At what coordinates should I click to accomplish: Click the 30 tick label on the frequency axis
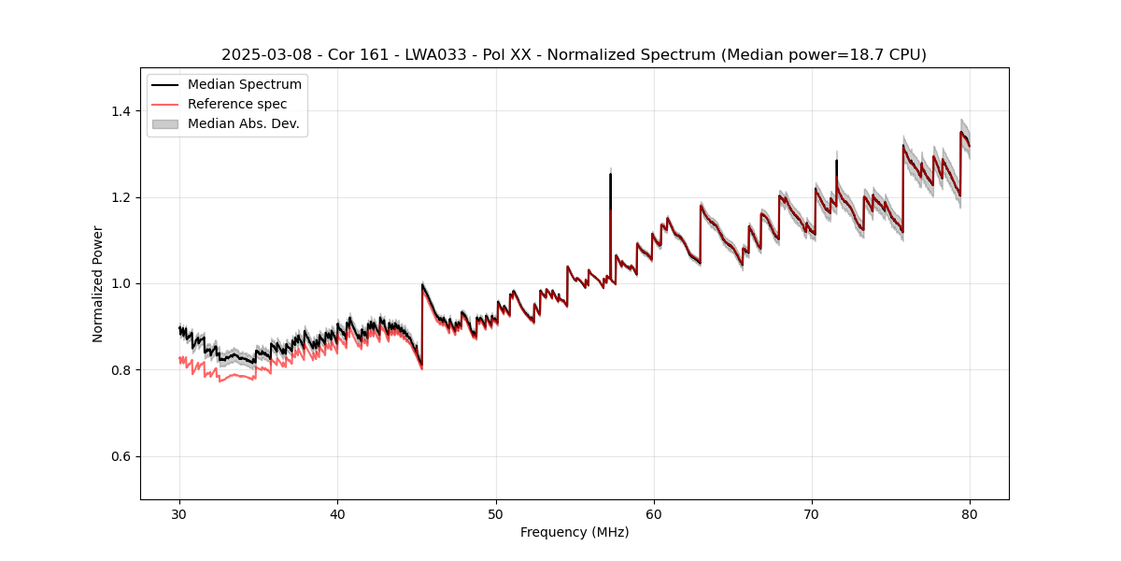coord(179,514)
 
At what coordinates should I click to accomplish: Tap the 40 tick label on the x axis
coord(337,514)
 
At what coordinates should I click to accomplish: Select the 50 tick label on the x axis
coord(496,514)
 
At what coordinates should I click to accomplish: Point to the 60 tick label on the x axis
coord(654,514)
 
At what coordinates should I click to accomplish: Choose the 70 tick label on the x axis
coord(812,514)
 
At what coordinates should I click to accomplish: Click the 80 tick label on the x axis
coord(970,514)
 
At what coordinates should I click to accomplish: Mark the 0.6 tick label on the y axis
coord(121,456)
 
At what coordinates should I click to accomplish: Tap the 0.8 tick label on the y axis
coord(121,370)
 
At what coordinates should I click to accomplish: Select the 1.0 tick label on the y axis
coord(121,283)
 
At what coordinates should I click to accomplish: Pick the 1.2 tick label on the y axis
coord(121,197)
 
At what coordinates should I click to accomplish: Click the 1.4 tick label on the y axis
coord(121,111)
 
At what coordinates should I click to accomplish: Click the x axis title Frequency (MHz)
coord(575,533)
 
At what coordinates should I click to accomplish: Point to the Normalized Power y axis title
coord(98,283)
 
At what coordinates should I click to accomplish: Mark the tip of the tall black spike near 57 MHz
coord(610,174)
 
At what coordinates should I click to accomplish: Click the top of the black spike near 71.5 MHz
coord(836,161)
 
